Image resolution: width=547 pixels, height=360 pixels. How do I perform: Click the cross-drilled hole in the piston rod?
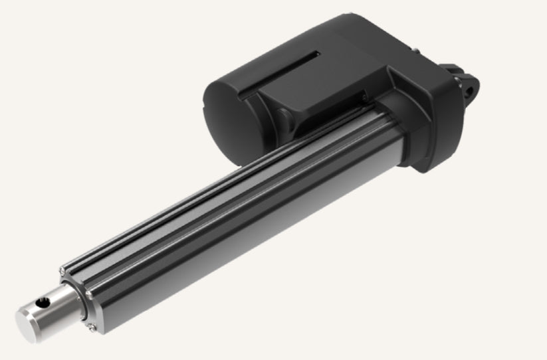point(44,303)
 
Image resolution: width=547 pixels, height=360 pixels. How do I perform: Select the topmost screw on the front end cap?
point(62,269)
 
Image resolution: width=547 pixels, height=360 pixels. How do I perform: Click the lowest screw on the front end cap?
point(91,325)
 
